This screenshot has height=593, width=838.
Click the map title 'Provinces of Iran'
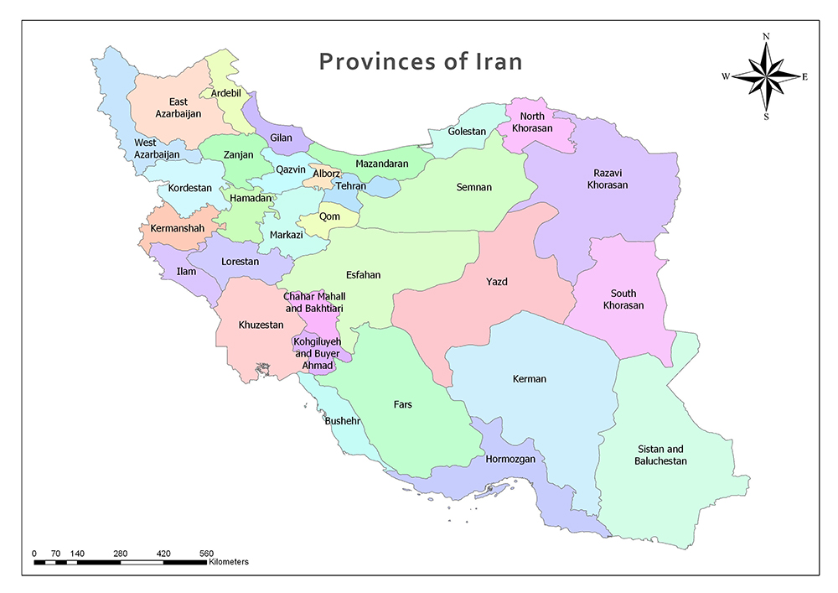421,62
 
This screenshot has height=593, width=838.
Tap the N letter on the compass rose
766,37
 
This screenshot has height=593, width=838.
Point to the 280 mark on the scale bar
120,554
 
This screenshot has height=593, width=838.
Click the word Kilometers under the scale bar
229,562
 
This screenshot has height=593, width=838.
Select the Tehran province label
350,186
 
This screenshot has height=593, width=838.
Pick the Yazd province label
497,282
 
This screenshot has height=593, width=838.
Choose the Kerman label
529,379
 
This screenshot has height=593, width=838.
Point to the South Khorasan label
623,299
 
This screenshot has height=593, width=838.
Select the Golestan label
467,132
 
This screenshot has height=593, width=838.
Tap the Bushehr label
342,421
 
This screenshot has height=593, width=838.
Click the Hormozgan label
510,460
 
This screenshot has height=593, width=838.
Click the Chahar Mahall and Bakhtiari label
314,303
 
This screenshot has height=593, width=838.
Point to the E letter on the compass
804,77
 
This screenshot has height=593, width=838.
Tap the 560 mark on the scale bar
206,554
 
